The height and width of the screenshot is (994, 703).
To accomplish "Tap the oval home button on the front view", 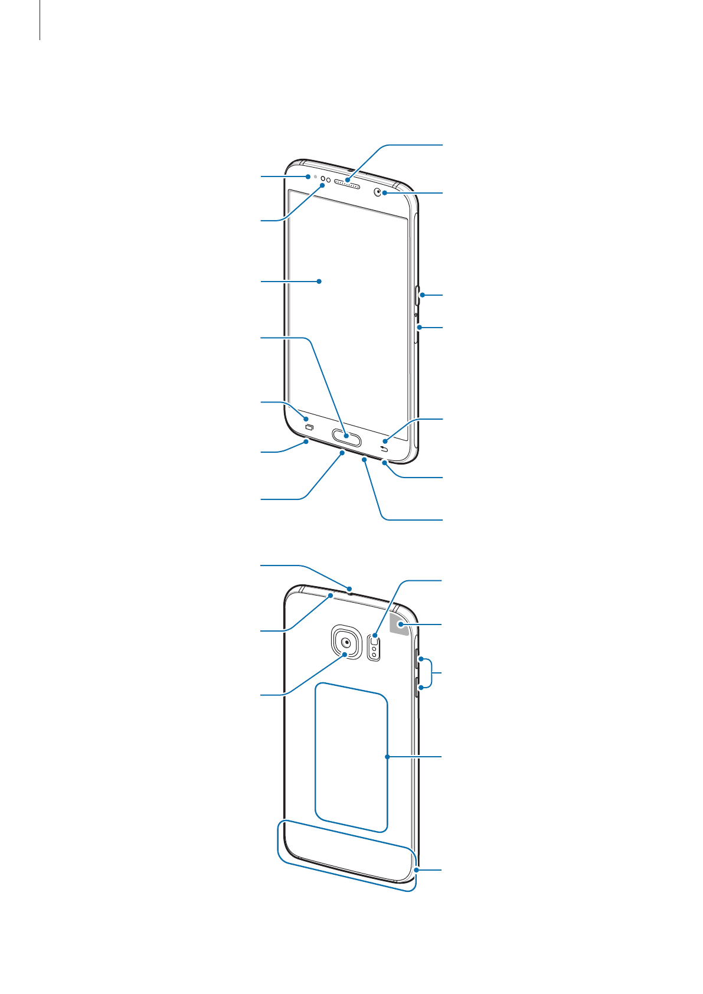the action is tap(346, 436).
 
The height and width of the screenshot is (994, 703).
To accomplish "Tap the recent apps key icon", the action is tap(308, 427).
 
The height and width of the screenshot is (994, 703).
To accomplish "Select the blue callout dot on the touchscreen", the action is tap(319, 282).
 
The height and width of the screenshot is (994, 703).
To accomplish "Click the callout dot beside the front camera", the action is tap(384, 192).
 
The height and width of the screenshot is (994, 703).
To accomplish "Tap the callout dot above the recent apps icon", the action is tap(305, 418).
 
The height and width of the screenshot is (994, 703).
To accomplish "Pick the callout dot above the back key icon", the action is tap(385, 440).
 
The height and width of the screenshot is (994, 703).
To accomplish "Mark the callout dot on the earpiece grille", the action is tap(348, 179).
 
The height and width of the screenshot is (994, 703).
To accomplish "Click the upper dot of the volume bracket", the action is tap(421, 658).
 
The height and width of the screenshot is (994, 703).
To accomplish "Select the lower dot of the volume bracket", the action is tap(421, 687).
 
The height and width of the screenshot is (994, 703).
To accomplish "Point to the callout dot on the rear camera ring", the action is tap(345, 654).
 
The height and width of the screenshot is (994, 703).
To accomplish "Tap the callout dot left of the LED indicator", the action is tap(308, 176).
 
